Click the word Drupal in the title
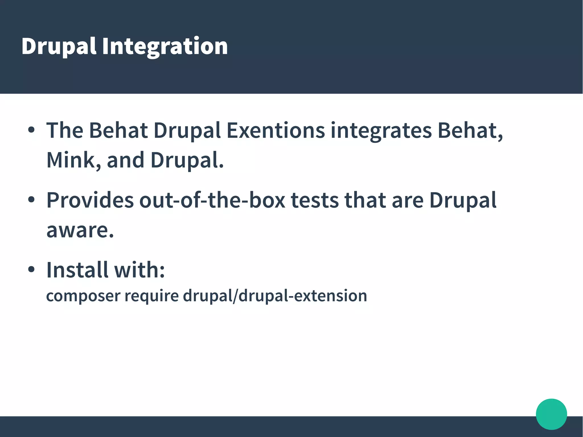59,46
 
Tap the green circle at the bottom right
551,414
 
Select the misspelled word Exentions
275,131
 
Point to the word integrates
381,131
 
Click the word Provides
90,200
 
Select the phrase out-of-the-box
212,200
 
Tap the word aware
80,230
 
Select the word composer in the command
83,296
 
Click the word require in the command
151,296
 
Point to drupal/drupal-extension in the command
275,296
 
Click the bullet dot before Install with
31,269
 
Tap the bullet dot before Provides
31,200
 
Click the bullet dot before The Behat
31,130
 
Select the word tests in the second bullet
315,200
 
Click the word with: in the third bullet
139,270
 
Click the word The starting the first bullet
65,131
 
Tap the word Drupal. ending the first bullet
187,160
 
